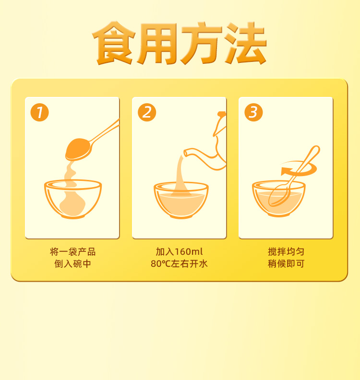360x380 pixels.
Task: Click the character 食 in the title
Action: (114, 43)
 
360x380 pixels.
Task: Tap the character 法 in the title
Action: (245, 43)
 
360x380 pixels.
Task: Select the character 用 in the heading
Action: (157, 44)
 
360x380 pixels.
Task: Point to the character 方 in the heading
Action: (202, 43)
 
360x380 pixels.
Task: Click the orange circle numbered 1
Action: (39, 112)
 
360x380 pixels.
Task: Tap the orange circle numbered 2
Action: (147, 112)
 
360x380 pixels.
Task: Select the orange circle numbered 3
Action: (253, 112)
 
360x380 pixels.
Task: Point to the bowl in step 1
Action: (73, 199)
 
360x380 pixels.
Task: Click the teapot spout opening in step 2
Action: (186, 153)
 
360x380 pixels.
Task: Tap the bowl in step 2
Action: (181, 200)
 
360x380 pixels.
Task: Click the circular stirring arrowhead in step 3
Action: (285, 171)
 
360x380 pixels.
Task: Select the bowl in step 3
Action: (279, 199)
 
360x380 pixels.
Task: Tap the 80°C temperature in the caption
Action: (161, 264)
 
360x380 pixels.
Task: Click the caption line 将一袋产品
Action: (73, 252)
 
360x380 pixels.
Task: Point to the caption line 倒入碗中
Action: (73, 264)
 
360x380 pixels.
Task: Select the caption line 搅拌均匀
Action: (286, 252)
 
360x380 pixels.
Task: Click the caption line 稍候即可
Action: (286, 264)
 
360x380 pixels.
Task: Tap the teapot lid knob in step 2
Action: (222, 114)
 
